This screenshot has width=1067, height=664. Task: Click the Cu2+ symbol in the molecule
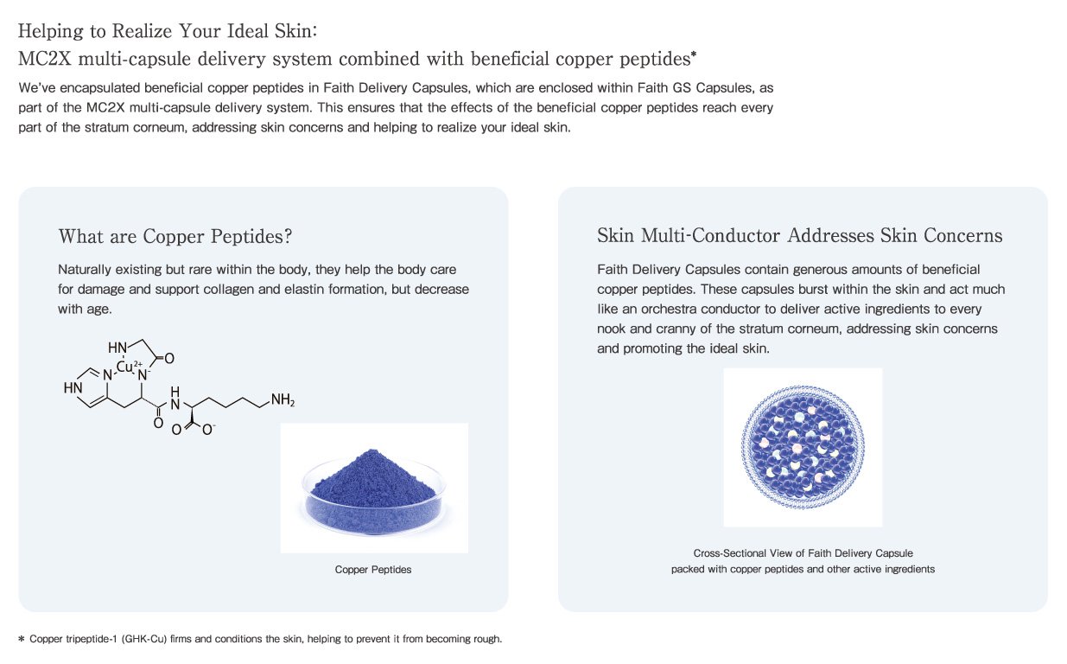pos(129,366)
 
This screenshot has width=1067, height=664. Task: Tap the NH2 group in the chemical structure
pos(283,399)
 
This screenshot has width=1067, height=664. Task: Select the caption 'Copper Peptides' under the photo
pos(373,570)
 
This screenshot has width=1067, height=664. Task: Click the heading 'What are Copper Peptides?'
pos(175,236)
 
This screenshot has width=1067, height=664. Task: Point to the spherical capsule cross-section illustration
pos(803,447)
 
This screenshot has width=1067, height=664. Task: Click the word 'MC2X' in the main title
pos(45,59)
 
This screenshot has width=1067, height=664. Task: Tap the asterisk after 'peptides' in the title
pos(694,54)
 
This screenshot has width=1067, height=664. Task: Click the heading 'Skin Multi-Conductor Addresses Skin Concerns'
pos(800,235)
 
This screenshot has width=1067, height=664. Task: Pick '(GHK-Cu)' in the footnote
pos(144,639)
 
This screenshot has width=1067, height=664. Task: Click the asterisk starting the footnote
pos(22,639)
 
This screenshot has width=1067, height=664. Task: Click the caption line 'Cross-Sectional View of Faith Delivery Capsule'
pos(803,553)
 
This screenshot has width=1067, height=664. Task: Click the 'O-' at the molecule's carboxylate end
pos(208,429)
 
